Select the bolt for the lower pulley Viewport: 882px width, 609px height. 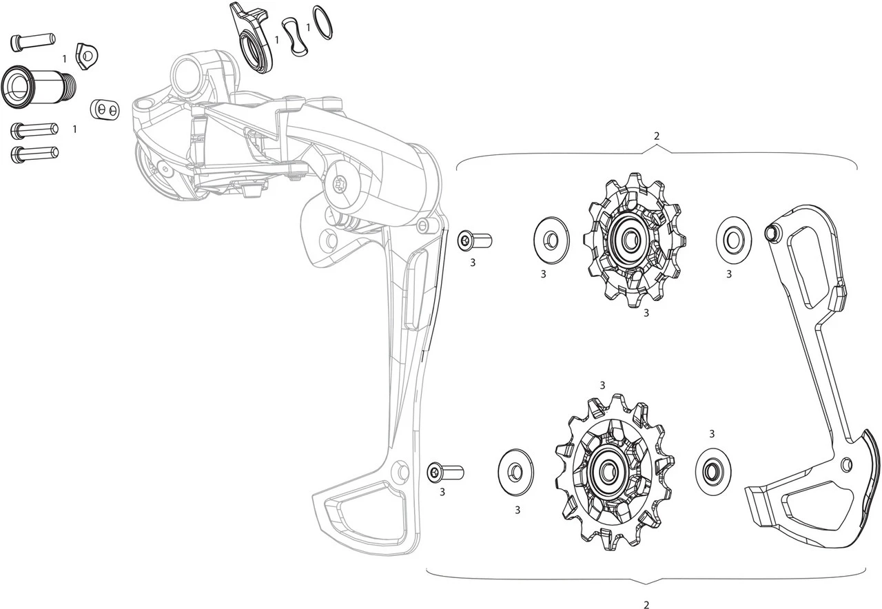click(444, 473)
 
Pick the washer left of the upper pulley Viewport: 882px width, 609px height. click(551, 240)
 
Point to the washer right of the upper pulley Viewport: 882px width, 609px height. click(733, 240)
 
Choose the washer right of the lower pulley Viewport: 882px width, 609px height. click(712, 471)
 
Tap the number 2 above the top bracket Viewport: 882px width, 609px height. click(656, 136)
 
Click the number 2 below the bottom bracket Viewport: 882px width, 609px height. click(646, 605)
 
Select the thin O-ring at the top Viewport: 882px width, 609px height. click(322, 22)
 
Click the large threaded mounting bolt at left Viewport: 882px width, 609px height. click(38, 87)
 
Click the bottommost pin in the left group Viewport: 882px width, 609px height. click(34, 154)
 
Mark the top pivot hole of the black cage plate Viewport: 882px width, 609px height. click(772, 233)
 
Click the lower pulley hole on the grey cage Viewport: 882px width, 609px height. click(399, 471)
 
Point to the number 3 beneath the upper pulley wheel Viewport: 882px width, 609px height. click(646, 313)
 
